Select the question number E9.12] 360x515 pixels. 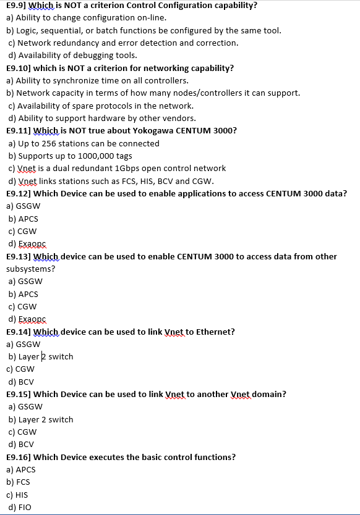[19, 193]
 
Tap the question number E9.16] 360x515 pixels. [19, 457]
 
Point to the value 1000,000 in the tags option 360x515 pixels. [94, 156]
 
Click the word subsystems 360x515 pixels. [30, 269]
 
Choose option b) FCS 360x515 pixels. [19, 482]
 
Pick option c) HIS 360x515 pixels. [19, 495]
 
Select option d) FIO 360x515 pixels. [19, 507]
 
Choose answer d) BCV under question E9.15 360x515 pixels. [21, 444]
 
